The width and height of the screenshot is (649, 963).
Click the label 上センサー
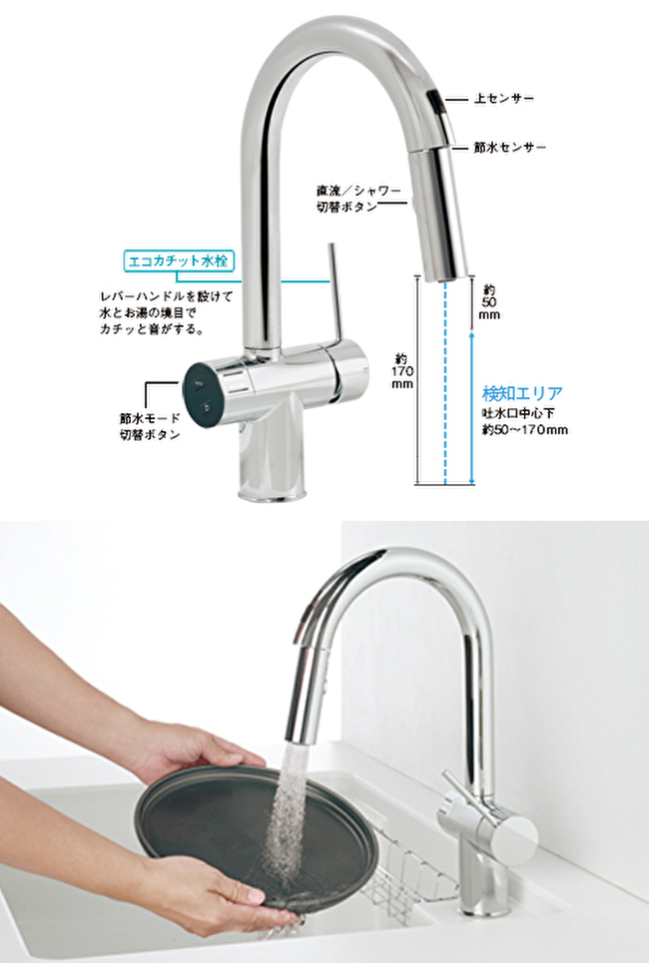point(503,98)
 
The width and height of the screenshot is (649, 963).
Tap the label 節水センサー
point(509,148)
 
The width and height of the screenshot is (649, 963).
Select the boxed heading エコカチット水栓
point(179,261)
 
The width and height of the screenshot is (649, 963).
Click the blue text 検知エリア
point(522,393)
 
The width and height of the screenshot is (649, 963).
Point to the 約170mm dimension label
point(402,371)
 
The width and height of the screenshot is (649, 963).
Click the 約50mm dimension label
point(489,302)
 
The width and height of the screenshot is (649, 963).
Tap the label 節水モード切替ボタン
point(150,426)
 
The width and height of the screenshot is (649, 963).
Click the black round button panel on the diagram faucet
point(202,395)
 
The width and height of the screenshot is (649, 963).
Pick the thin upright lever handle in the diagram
point(332,291)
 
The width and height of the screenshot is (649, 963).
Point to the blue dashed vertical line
point(445,382)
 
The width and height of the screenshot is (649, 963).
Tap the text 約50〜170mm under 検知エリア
point(524,430)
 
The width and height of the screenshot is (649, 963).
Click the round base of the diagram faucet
point(273,490)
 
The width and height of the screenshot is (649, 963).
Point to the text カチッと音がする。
point(151,329)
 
